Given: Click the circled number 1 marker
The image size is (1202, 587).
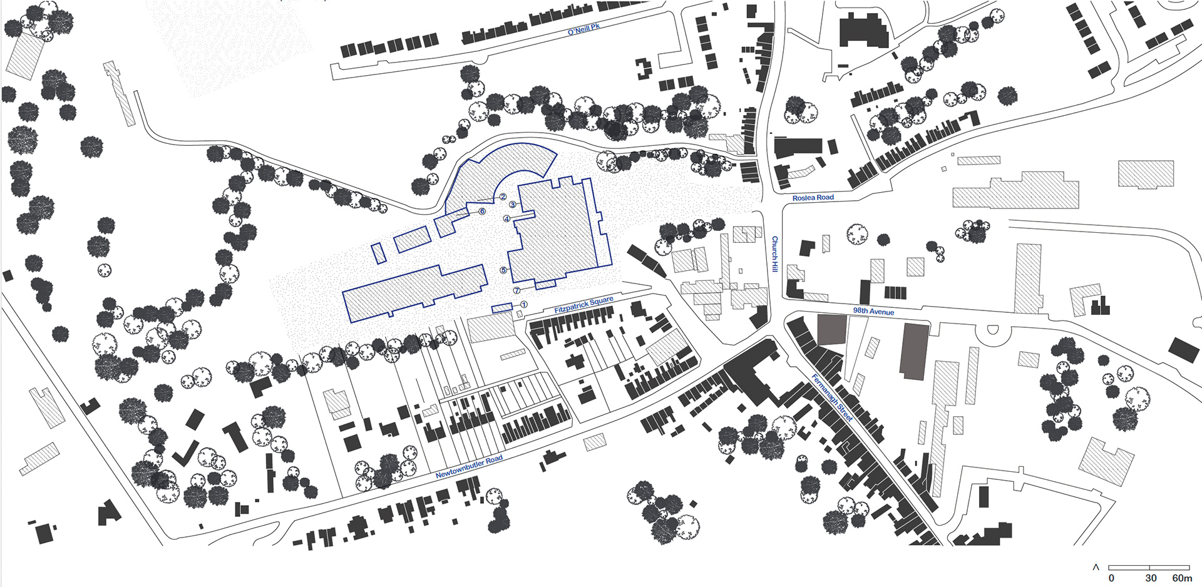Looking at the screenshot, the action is [x=524, y=305].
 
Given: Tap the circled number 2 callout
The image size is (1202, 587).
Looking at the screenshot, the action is [x=503, y=197].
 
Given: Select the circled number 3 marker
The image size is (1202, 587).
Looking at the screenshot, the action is [x=512, y=205].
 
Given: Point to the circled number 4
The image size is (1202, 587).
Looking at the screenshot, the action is [x=506, y=218].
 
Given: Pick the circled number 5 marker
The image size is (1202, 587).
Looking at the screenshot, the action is [x=503, y=270].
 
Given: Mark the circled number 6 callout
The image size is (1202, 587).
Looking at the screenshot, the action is [x=482, y=212].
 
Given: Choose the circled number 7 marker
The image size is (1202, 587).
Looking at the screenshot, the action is [x=516, y=290].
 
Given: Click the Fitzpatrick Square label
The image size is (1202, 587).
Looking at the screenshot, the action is [x=583, y=305].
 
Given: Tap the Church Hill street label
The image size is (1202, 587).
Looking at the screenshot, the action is [x=774, y=253].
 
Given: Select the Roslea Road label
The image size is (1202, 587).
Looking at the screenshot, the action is [x=813, y=198].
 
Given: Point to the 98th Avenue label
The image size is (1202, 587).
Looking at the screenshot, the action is [x=873, y=311].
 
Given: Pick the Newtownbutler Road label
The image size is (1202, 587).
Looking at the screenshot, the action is [x=469, y=467].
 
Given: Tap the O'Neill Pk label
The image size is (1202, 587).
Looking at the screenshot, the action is [x=583, y=29].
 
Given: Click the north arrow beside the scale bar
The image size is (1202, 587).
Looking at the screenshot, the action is [x=1096, y=567].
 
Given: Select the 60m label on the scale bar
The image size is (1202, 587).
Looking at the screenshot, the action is [x=1182, y=578].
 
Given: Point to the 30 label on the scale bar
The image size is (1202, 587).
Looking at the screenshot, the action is [x=1151, y=578].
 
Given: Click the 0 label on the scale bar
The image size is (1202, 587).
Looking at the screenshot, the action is [x=1111, y=578].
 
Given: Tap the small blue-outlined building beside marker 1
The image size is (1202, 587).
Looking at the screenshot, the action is [x=502, y=308].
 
